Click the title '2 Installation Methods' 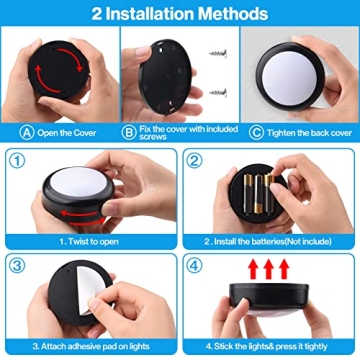(180, 14)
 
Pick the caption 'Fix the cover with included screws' (184, 131)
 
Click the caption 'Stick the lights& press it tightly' (270, 345)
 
